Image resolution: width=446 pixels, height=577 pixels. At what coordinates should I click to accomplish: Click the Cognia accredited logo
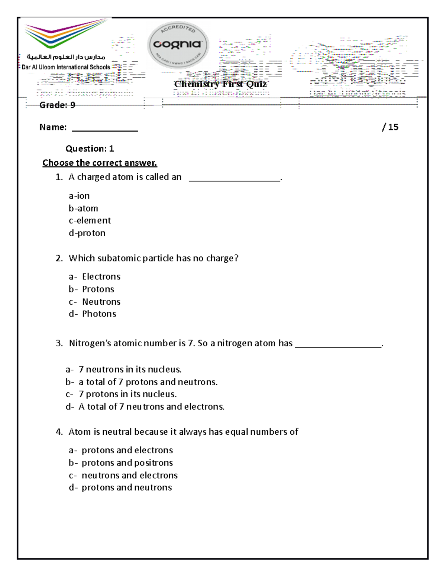click(x=178, y=45)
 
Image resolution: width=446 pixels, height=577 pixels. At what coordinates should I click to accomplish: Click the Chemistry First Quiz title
click(x=220, y=84)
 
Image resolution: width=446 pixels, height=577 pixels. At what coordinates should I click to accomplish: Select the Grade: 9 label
click(x=57, y=105)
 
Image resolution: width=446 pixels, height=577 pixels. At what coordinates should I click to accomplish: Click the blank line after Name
click(x=105, y=128)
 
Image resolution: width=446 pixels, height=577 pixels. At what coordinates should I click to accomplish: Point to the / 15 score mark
click(x=390, y=127)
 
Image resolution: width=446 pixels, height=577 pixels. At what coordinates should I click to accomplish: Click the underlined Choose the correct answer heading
click(x=100, y=163)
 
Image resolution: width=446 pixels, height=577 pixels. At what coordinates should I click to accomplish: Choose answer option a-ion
click(x=79, y=196)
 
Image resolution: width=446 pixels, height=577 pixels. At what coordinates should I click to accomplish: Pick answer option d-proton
click(x=87, y=233)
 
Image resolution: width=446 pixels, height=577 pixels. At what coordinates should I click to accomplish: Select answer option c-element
click(x=90, y=220)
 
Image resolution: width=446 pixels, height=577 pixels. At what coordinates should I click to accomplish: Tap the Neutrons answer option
click(x=95, y=302)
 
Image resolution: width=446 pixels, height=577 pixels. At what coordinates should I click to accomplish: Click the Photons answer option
click(x=93, y=314)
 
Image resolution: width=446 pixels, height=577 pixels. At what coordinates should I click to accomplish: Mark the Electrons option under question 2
click(x=95, y=276)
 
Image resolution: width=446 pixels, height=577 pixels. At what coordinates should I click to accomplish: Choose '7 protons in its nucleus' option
click(x=121, y=394)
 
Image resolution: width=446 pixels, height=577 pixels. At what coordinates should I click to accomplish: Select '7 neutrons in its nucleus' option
click(x=123, y=369)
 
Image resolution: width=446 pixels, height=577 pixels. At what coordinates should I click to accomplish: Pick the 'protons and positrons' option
click(x=121, y=463)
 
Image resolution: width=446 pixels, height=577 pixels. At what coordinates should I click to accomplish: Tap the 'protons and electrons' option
click(x=121, y=450)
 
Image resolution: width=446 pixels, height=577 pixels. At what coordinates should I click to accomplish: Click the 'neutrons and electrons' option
click(x=123, y=475)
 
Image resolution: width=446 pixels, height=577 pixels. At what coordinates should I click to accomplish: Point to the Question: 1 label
click(x=90, y=149)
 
